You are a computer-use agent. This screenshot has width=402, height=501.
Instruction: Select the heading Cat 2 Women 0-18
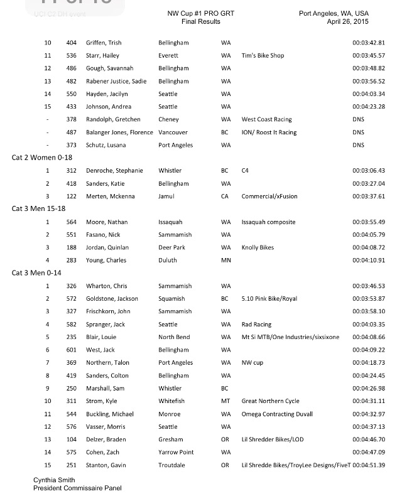pyautogui.click(x=42, y=158)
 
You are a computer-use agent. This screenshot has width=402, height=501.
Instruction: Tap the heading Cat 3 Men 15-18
pyautogui.click(x=41, y=209)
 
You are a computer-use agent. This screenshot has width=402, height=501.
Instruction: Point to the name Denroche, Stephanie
pyautogui.click(x=115, y=171)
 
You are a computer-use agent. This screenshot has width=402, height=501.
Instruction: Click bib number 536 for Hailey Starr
pyautogui.click(x=72, y=55)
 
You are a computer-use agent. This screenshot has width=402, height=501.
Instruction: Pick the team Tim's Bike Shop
pyautogui.click(x=263, y=55)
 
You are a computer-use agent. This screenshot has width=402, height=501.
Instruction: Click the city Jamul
pyautogui.click(x=168, y=197)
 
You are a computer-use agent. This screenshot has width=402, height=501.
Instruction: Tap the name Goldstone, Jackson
pyautogui.click(x=112, y=299)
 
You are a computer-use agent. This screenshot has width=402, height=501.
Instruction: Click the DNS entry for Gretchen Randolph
pyautogui.click(x=359, y=119)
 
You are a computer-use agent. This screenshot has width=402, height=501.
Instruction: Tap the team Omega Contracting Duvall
pyautogui.click(x=277, y=414)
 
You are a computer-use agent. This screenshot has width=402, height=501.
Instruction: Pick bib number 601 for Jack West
pyautogui.click(x=72, y=350)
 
